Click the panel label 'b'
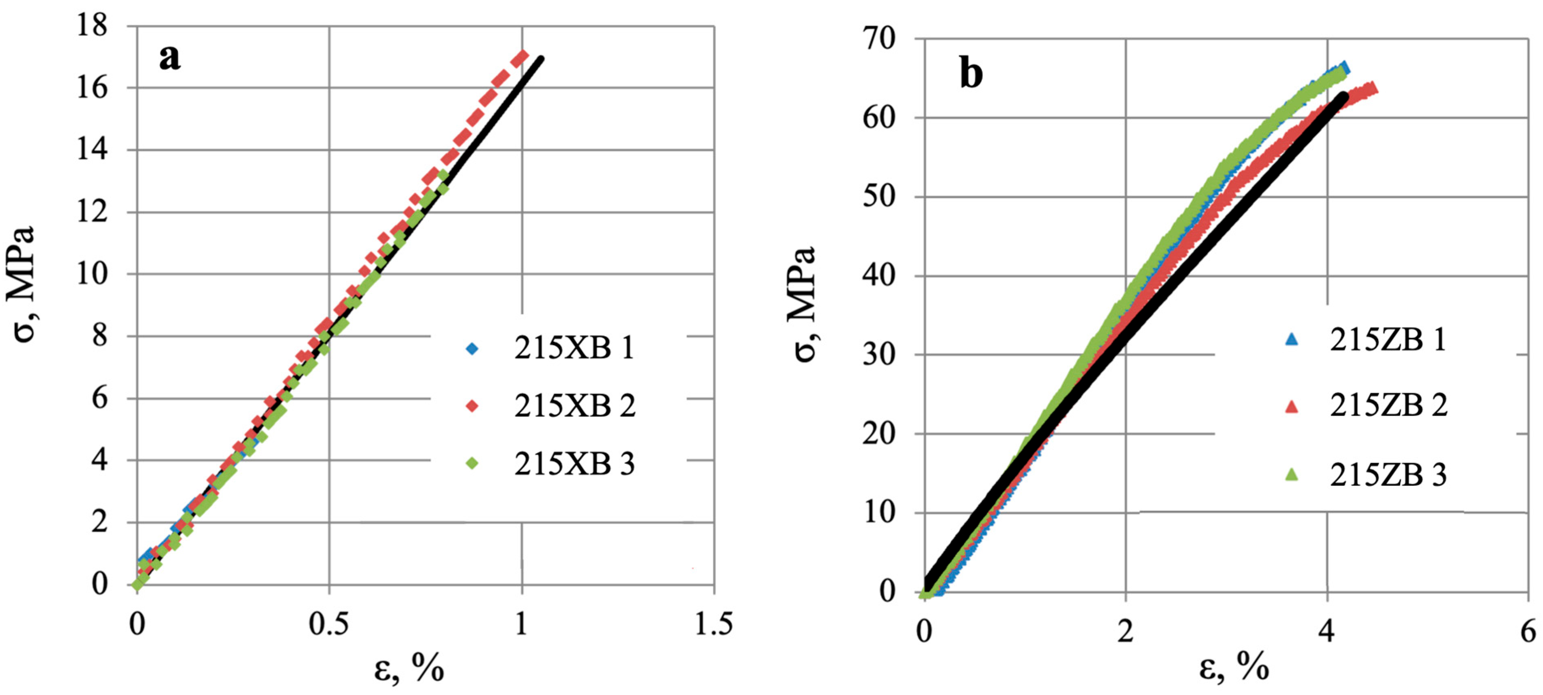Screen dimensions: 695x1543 coord(971,75)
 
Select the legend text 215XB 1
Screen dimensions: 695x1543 coord(574,348)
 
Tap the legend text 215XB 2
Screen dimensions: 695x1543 coord(574,406)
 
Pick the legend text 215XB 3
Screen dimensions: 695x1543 coord(574,464)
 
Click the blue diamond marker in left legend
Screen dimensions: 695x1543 coord(472,348)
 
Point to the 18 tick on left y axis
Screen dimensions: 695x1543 coord(92,26)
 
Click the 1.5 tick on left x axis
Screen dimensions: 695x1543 coord(713,625)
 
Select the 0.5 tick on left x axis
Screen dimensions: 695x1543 coord(328,625)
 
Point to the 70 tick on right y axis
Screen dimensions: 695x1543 coord(879,39)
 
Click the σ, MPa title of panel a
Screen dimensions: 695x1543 coord(24,285)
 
